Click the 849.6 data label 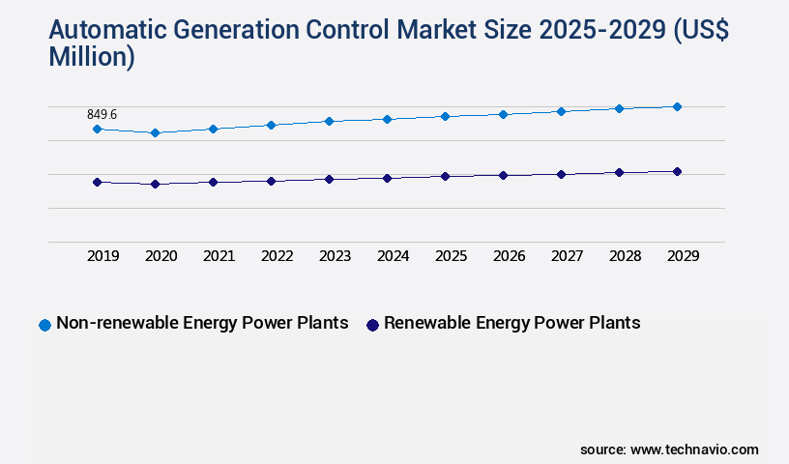tap(102, 115)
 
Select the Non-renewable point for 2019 tap(97, 129)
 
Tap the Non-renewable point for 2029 tap(677, 106)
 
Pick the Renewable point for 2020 tap(155, 184)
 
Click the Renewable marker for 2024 tap(387, 178)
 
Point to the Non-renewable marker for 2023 tap(329, 121)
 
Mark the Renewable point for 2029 tap(677, 171)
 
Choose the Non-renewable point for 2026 tap(503, 114)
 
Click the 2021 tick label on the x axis tap(219, 256)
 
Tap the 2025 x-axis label tap(451, 256)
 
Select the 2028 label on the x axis tap(625, 256)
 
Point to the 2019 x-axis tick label tap(102, 256)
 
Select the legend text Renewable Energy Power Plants tap(511, 323)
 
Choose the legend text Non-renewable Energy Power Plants tap(202, 323)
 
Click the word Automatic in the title tap(103, 30)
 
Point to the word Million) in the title tap(92, 57)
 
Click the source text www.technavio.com tap(694, 449)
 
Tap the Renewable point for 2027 tap(561, 174)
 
